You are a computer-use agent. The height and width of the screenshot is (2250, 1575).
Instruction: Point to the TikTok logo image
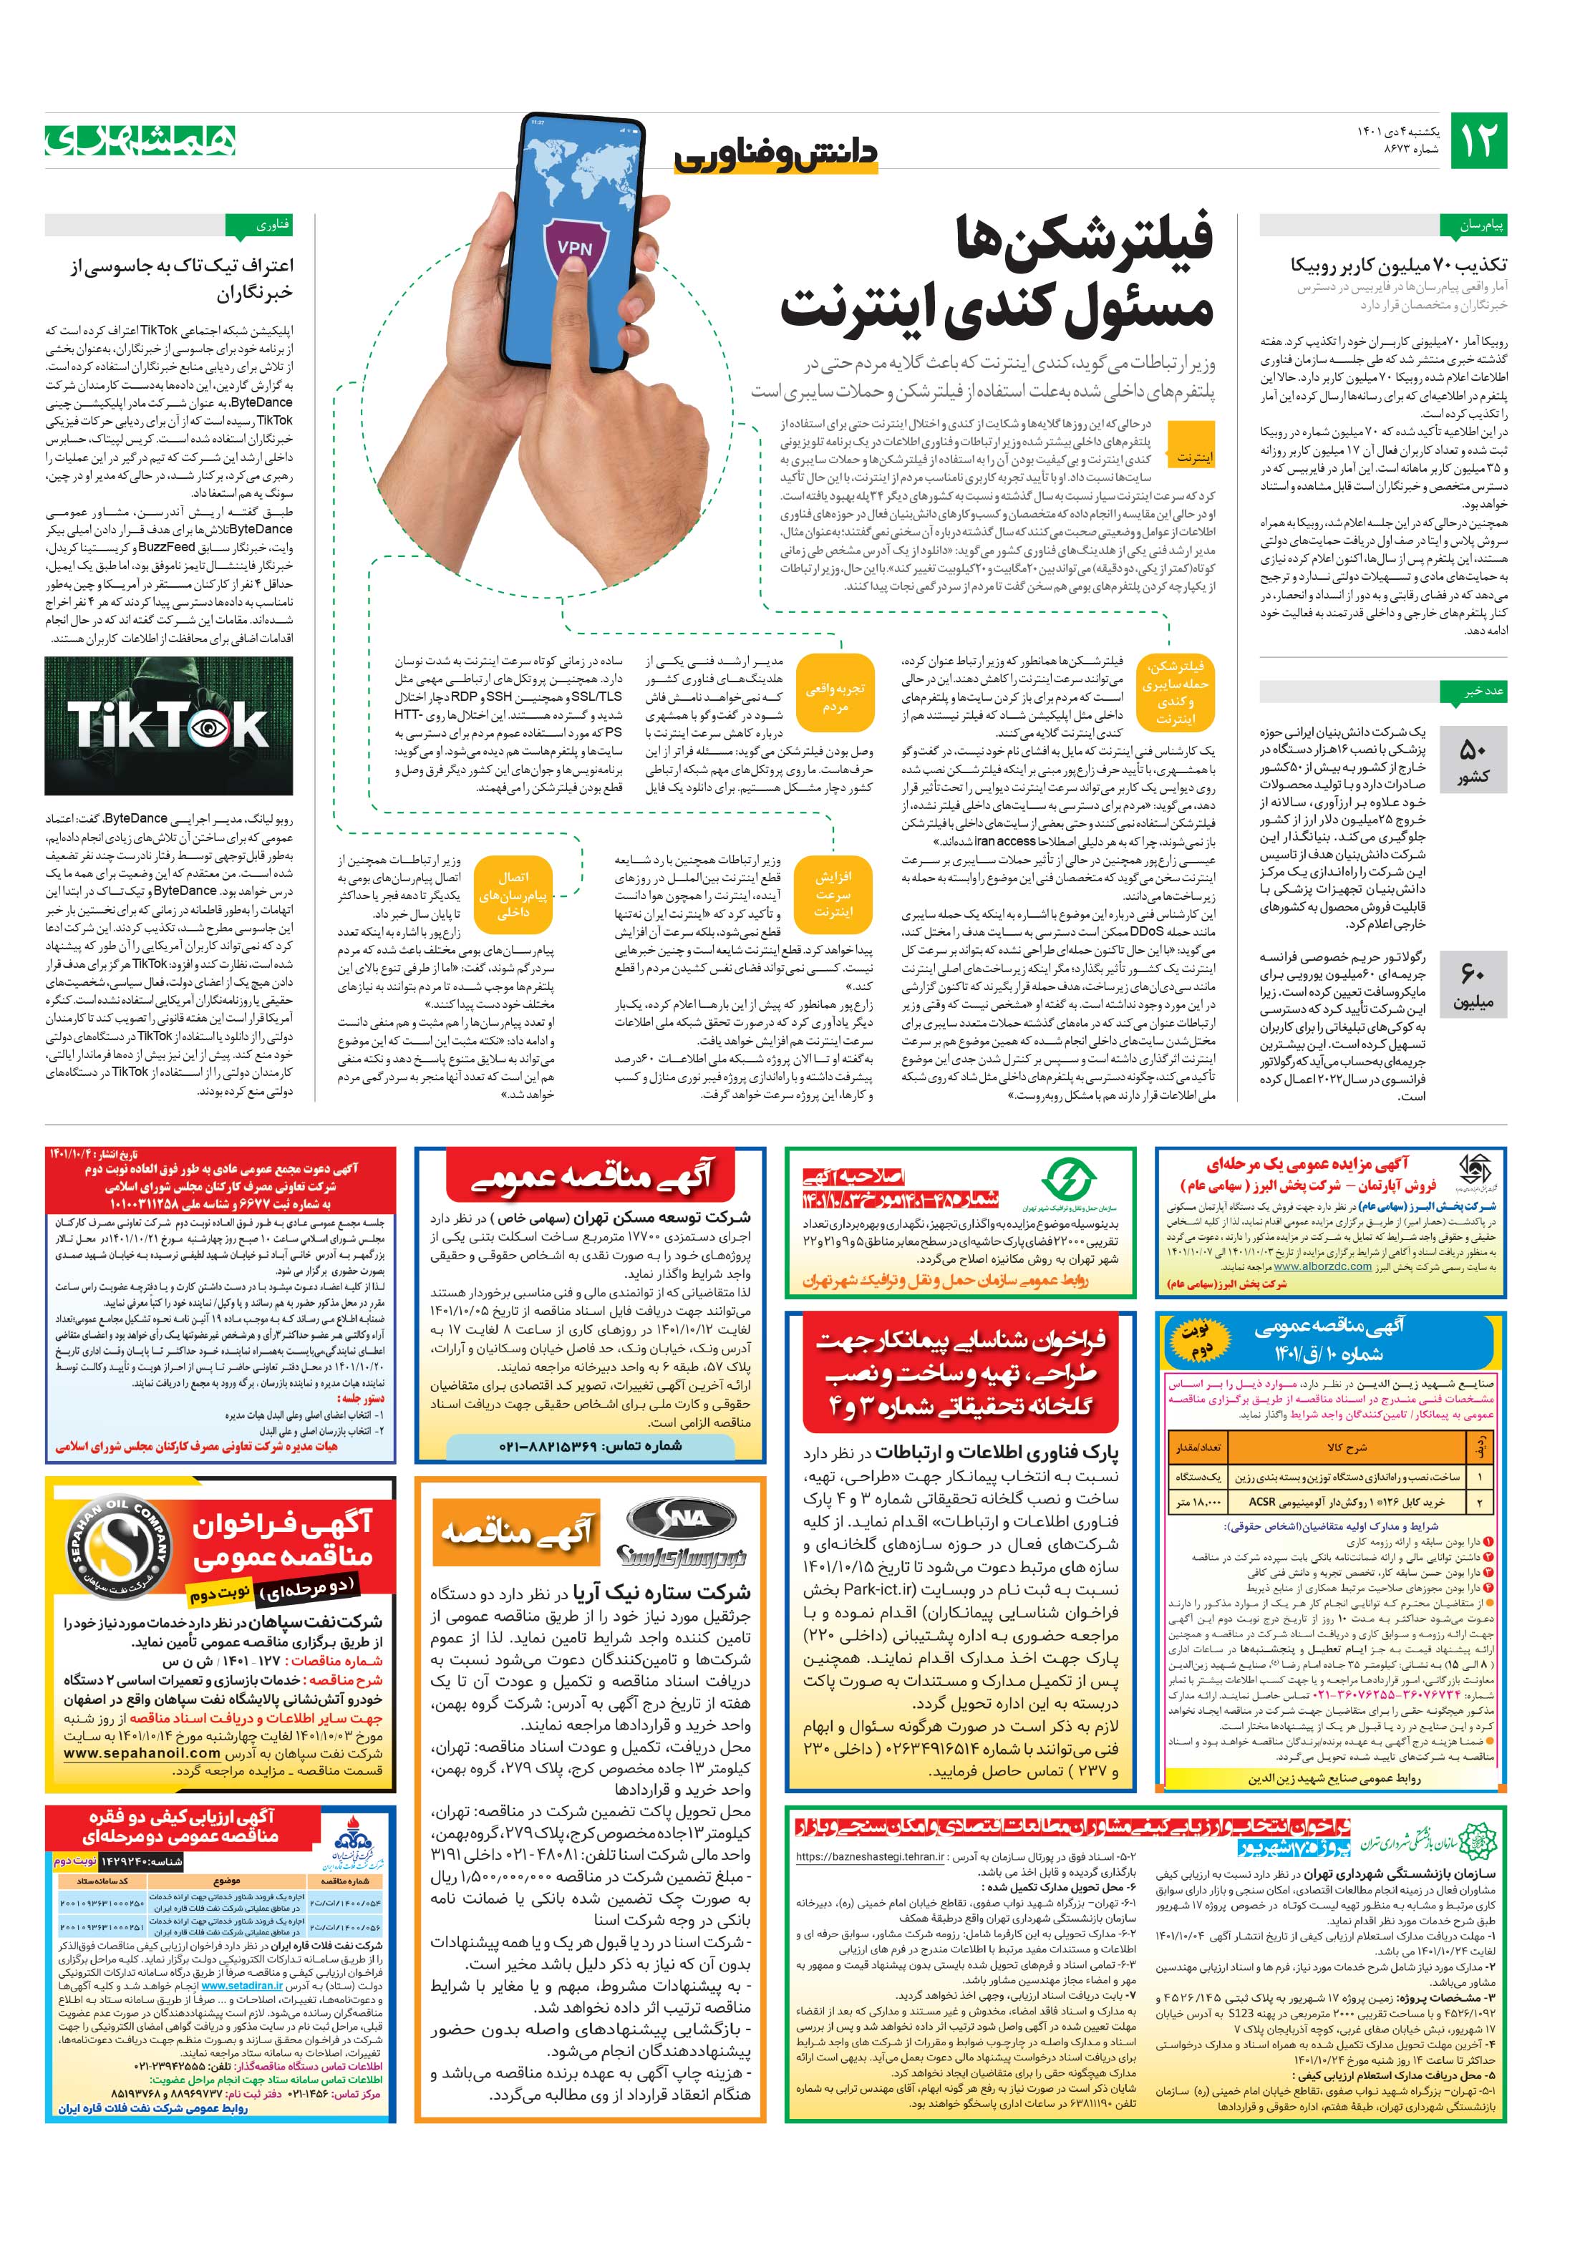pos(168,725)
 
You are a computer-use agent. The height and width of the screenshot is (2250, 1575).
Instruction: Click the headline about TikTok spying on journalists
pos(181,278)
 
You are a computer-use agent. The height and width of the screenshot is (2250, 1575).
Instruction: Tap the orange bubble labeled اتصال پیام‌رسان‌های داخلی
pos(513,893)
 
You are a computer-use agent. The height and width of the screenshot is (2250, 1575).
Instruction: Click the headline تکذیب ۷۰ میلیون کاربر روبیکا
pos(1399,266)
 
